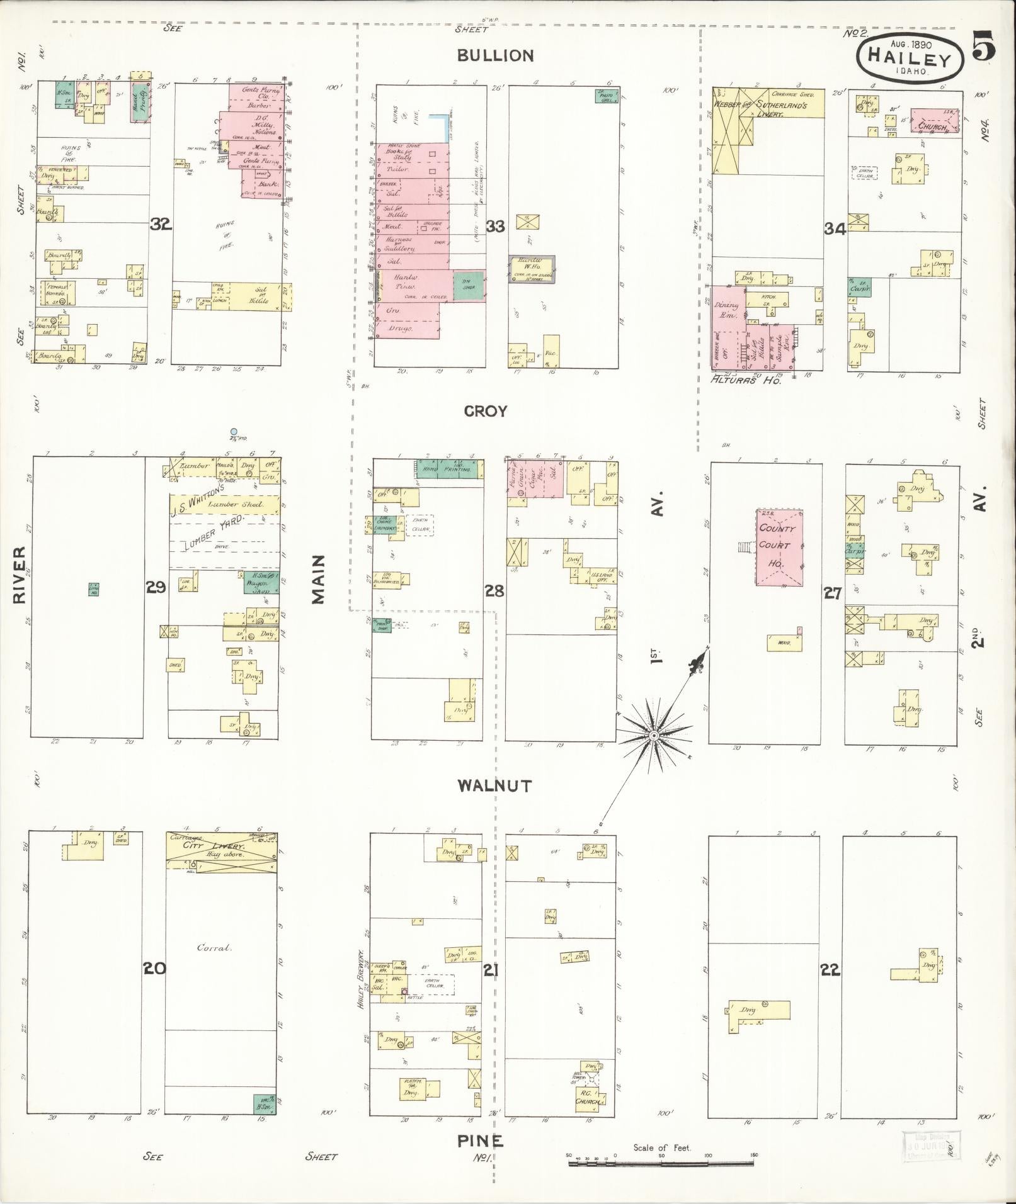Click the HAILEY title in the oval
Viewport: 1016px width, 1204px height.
click(909, 58)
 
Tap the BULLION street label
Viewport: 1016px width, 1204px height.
click(495, 55)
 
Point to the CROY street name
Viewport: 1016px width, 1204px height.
click(485, 411)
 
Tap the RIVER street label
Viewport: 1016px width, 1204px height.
click(19, 575)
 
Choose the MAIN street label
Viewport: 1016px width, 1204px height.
click(318, 579)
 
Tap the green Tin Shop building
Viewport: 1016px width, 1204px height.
click(469, 286)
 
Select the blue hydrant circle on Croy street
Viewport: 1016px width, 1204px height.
click(233, 432)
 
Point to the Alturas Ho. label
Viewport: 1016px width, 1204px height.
click(745, 380)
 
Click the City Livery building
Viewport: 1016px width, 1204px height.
click(220, 851)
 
